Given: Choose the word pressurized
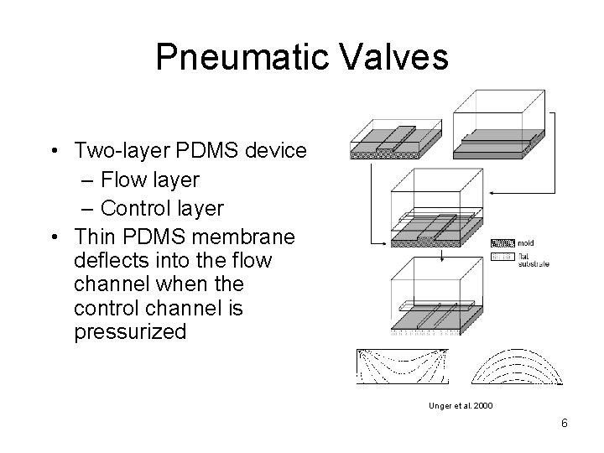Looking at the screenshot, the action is pyautogui.click(x=130, y=331).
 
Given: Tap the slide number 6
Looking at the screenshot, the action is pyautogui.click(x=564, y=424).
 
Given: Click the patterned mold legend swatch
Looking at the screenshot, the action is pyautogui.click(x=501, y=243).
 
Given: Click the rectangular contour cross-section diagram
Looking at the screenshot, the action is pyautogui.click(x=402, y=367).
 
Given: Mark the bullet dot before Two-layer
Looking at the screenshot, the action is pyautogui.click(x=55, y=151).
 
